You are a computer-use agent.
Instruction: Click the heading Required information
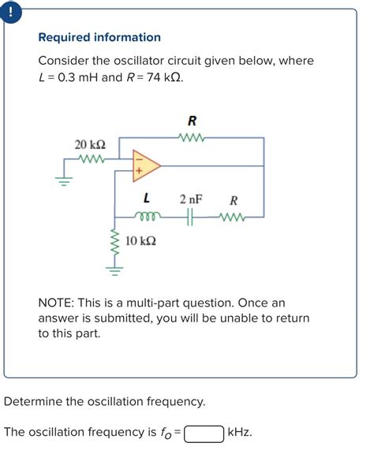tap(99, 37)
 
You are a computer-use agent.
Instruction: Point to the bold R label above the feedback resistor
tap(192, 121)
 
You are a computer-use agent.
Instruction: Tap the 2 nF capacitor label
tap(191, 200)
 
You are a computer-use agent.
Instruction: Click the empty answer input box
tap(203, 433)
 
